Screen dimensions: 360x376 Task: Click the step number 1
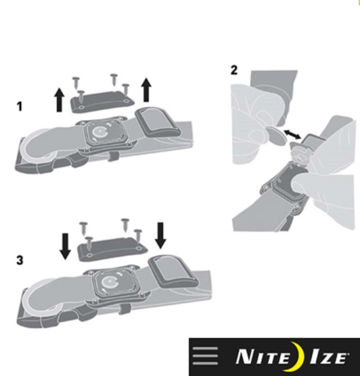[x=20, y=106]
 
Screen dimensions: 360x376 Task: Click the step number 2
[x=234, y=70]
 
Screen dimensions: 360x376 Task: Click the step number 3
[x=20, y=260]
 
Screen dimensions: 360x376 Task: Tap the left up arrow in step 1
[x=59, y=99]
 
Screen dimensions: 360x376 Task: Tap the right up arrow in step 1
[x=146, y=90]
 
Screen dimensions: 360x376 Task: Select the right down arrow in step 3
[x=160, y=235]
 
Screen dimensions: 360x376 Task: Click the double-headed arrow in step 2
[x=292, y=134]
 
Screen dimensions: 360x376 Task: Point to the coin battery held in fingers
[x=277, y=136]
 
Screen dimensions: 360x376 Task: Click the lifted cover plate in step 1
[x=102, y=102]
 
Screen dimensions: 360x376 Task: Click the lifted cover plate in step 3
[x=112, y=249]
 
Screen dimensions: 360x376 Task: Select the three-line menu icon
[x=205, y=356]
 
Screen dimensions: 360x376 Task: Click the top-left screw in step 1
[x=76, y=82]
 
